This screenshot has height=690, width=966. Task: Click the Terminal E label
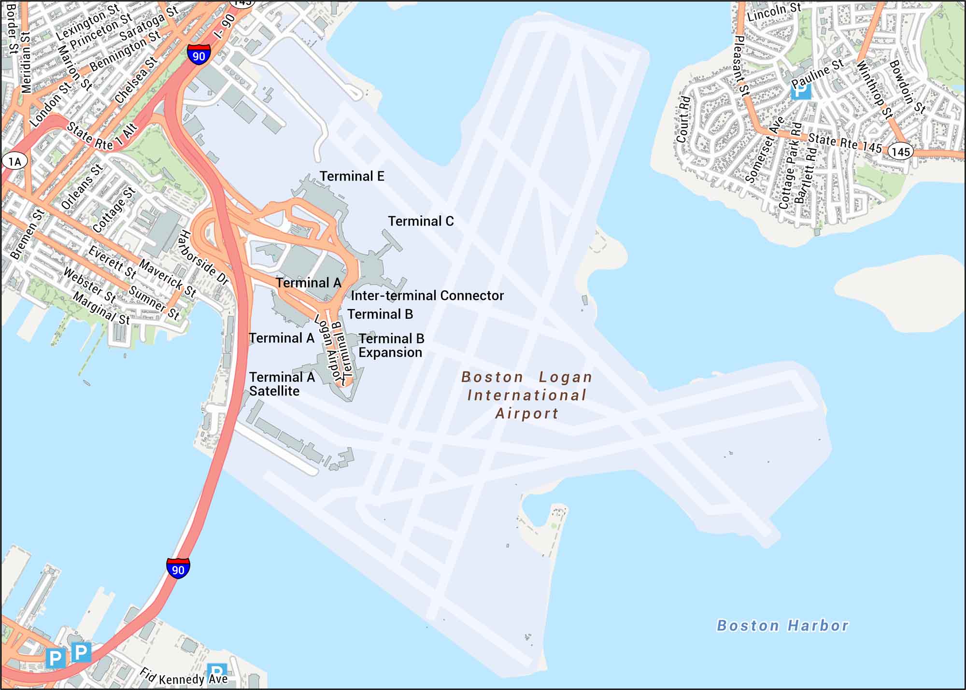352,176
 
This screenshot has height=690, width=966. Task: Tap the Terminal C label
421,221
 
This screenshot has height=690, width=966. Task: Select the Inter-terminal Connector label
427,296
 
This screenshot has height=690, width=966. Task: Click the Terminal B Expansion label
391,345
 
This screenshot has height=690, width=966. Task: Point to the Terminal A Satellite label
282,384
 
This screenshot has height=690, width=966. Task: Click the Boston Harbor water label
782,626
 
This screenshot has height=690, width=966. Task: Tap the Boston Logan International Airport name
526,395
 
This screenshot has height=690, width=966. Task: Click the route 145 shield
900,152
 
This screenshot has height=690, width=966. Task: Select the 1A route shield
14,161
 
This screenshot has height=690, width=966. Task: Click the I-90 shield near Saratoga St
199,54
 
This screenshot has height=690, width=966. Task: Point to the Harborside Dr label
203,257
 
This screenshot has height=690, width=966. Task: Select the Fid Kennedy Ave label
184,677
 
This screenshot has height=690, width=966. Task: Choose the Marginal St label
101,309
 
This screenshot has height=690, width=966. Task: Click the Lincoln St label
774,12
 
